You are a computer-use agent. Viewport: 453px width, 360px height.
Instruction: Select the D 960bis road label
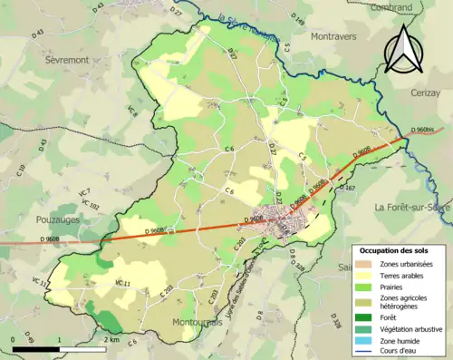[425, 131]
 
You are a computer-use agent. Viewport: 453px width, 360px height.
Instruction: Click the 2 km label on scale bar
[112, 340]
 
